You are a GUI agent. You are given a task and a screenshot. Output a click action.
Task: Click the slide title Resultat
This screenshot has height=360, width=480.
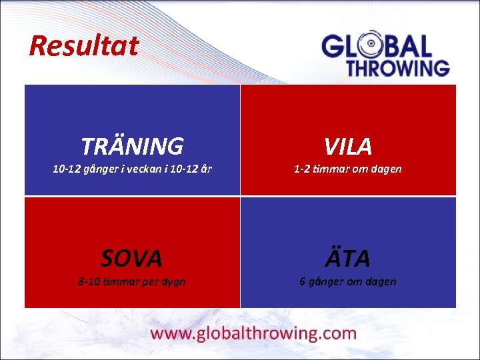pyautogui.click(x=84, y=46)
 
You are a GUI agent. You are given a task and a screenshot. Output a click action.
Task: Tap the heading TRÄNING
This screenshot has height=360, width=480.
pyautogui.click(x=132, y=145)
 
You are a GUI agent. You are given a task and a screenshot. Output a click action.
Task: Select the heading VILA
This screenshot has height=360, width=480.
pyautogui.click(x=348, y=145)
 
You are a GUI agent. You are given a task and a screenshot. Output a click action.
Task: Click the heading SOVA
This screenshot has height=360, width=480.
pyautogui.click(x=132, y=257)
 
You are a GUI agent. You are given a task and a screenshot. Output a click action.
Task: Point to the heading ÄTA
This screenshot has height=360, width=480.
pyautogui.click(x=348, y=257)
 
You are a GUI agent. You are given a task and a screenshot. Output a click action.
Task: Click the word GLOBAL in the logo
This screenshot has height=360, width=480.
pyautogui.click(x=377, y=46)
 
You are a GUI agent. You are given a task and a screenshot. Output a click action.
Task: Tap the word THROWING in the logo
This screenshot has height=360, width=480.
pyautogui.click(x=397, y=67)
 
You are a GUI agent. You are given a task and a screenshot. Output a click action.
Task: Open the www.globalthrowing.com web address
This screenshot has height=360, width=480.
pyautogui.click(x=254, y=333)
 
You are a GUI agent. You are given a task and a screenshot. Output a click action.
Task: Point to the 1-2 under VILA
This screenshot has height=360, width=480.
pyautogui.click(x=302, y=169)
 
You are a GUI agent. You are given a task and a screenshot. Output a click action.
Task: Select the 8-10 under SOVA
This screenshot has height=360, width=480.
pyautogui.click(x=90, y=281)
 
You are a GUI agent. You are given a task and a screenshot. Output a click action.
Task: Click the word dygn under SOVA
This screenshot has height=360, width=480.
pyautogui.click(x=172, y=282)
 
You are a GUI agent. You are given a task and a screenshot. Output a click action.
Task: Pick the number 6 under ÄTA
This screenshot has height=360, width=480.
pyautogui.click(x=302, y=281)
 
